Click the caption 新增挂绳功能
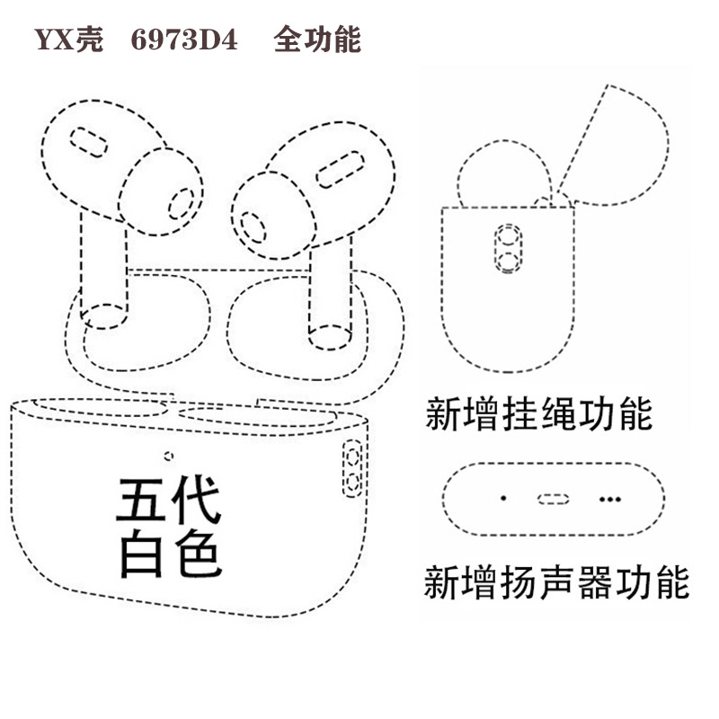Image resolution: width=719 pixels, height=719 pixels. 537,415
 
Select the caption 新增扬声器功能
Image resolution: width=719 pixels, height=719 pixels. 556,581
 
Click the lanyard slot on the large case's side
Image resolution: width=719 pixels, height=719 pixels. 353,467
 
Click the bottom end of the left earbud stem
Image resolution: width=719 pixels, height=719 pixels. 107,316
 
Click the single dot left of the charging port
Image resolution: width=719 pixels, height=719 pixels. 503,497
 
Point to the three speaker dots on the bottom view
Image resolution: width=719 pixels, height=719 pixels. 611,498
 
